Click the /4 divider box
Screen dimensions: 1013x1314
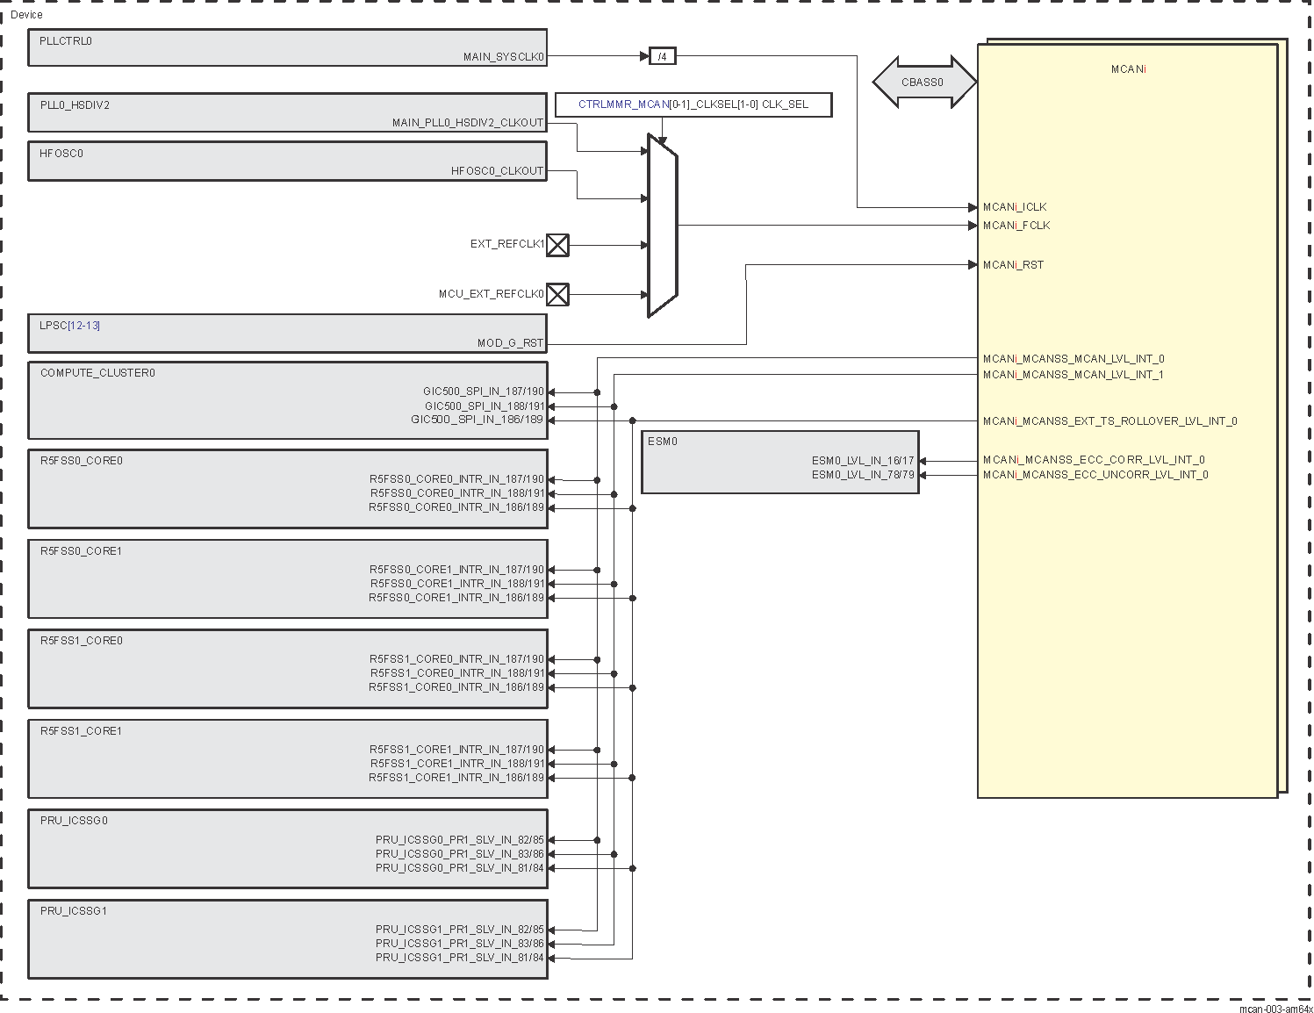click(662, 56)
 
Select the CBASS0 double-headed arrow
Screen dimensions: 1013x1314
click(923, 83)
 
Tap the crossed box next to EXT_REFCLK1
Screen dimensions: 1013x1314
click(557, 245)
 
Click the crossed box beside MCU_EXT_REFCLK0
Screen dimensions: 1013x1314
click(557, 294)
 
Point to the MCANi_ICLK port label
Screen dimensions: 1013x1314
click(1015, 207)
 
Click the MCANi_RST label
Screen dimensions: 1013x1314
click(1013, 265)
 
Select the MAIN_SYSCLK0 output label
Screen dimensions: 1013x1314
click(503, 57)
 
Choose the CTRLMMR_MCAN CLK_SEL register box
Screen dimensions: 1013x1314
click(693, 104)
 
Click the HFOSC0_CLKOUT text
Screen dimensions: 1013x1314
click(497, 171)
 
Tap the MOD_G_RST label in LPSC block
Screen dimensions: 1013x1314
click(510, 343)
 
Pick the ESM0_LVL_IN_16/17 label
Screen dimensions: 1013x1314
click(862, 460)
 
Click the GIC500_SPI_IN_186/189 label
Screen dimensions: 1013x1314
click(477, 420)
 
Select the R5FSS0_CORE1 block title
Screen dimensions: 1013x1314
click(81, 551)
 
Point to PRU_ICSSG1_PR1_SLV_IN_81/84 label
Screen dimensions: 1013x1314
click(459, 958)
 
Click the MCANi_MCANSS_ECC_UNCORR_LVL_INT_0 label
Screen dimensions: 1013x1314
click(1095, 475)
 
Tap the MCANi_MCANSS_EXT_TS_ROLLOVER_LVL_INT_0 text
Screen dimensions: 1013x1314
click(1109, 421)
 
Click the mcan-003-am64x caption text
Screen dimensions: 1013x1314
click(1275, 1009)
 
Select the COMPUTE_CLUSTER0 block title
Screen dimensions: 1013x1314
click(97, 373)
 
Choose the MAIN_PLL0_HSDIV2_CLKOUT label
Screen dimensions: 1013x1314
click(467, 123)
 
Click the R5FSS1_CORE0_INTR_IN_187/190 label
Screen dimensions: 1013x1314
click(456, 659)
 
